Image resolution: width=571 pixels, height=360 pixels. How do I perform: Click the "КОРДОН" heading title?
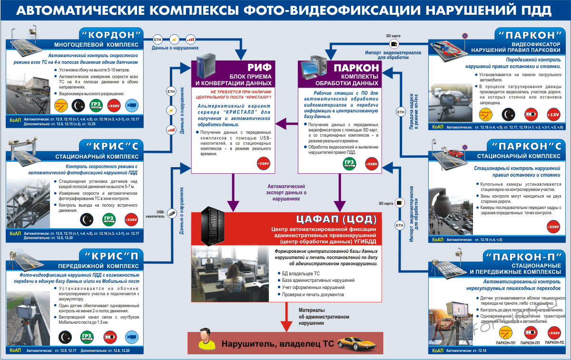click(113, 34)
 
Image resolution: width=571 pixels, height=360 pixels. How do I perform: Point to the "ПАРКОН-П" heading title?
click(527, 256)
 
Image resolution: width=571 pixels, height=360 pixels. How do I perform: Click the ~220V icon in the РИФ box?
click(263, 164)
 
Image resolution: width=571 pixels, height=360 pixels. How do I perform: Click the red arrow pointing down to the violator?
click(285, 320)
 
